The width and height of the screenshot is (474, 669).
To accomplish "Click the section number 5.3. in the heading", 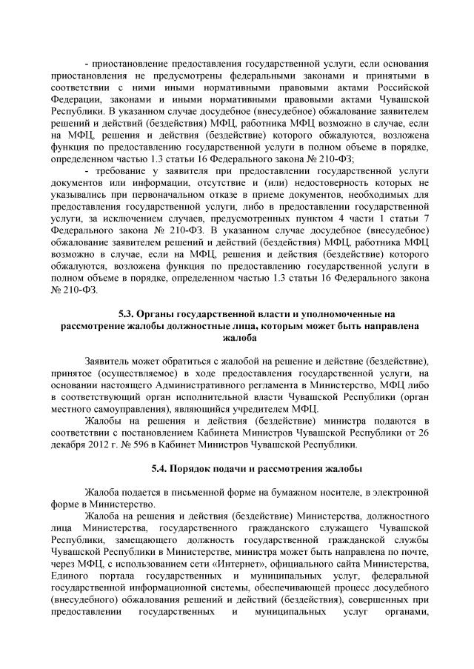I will pyautogui.click(x=129, y=313).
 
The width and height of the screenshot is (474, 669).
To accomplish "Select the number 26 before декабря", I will pyautogui.click(x=424, y=433).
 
